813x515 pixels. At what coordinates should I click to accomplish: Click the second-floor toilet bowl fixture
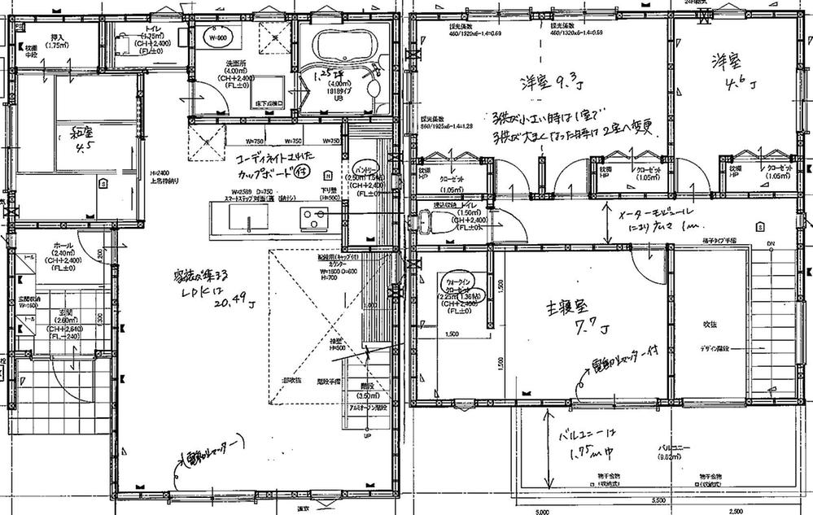422,221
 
